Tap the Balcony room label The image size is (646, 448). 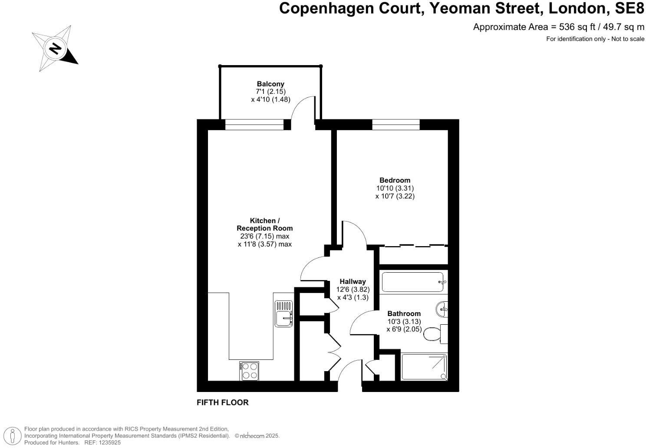pyautogui.click(x=270, y=84)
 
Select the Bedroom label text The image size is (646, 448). pyautogui.click(x=395, y=180)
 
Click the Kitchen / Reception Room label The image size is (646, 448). pyautogui.click(x=264, y=224)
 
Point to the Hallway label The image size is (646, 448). pyautogui.click(x=353, y=281)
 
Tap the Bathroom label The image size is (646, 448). pyautogui.click(x=404, y=313)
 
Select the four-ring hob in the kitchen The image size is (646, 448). pyautogui.click(x=249, y=371)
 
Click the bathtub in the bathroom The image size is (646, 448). pyautogui.click(x=413, y=282)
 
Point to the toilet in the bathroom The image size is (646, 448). pyautogui.click(x=432, y=334)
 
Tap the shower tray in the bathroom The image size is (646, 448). pyautogui.click(x=424, y=367)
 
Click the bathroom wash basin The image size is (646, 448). pyautogui.click(x=442, y=309)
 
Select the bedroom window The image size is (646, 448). pyautogui.click(x=396, y=125)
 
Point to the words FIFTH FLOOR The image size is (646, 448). pyautogui.click(x=223, y=402)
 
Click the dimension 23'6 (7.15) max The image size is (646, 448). pyautogui.click(x=264, y=236)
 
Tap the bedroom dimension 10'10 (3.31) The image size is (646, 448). pyautogui.click(x=395, y=188)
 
